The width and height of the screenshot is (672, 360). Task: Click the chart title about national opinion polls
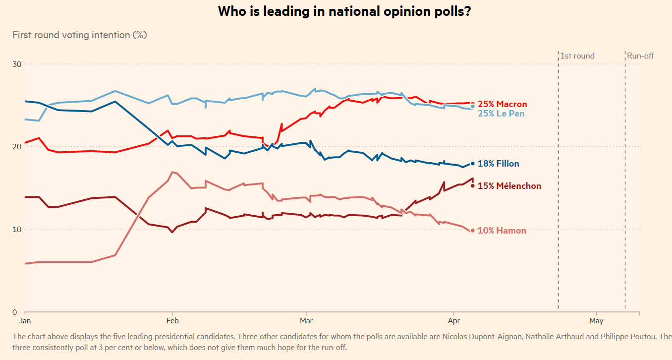344,11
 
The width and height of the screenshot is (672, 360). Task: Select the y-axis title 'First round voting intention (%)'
79,35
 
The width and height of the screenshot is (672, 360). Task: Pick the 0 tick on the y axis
15,312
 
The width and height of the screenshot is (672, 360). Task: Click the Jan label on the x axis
25,321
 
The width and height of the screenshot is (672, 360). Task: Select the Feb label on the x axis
172,321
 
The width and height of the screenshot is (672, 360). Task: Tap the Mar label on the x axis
306,321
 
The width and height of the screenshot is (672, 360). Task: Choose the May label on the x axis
597,321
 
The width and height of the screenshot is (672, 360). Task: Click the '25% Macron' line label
502,104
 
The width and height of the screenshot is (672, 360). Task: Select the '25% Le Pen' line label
501,114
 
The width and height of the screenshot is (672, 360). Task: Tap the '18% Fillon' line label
499,164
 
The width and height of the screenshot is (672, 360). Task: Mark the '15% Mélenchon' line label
509,186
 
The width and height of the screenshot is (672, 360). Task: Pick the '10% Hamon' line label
502,231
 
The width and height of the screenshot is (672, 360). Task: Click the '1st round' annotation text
577,56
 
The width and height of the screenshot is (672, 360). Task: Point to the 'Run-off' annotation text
640,56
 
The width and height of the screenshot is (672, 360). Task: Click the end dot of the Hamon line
473,231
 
